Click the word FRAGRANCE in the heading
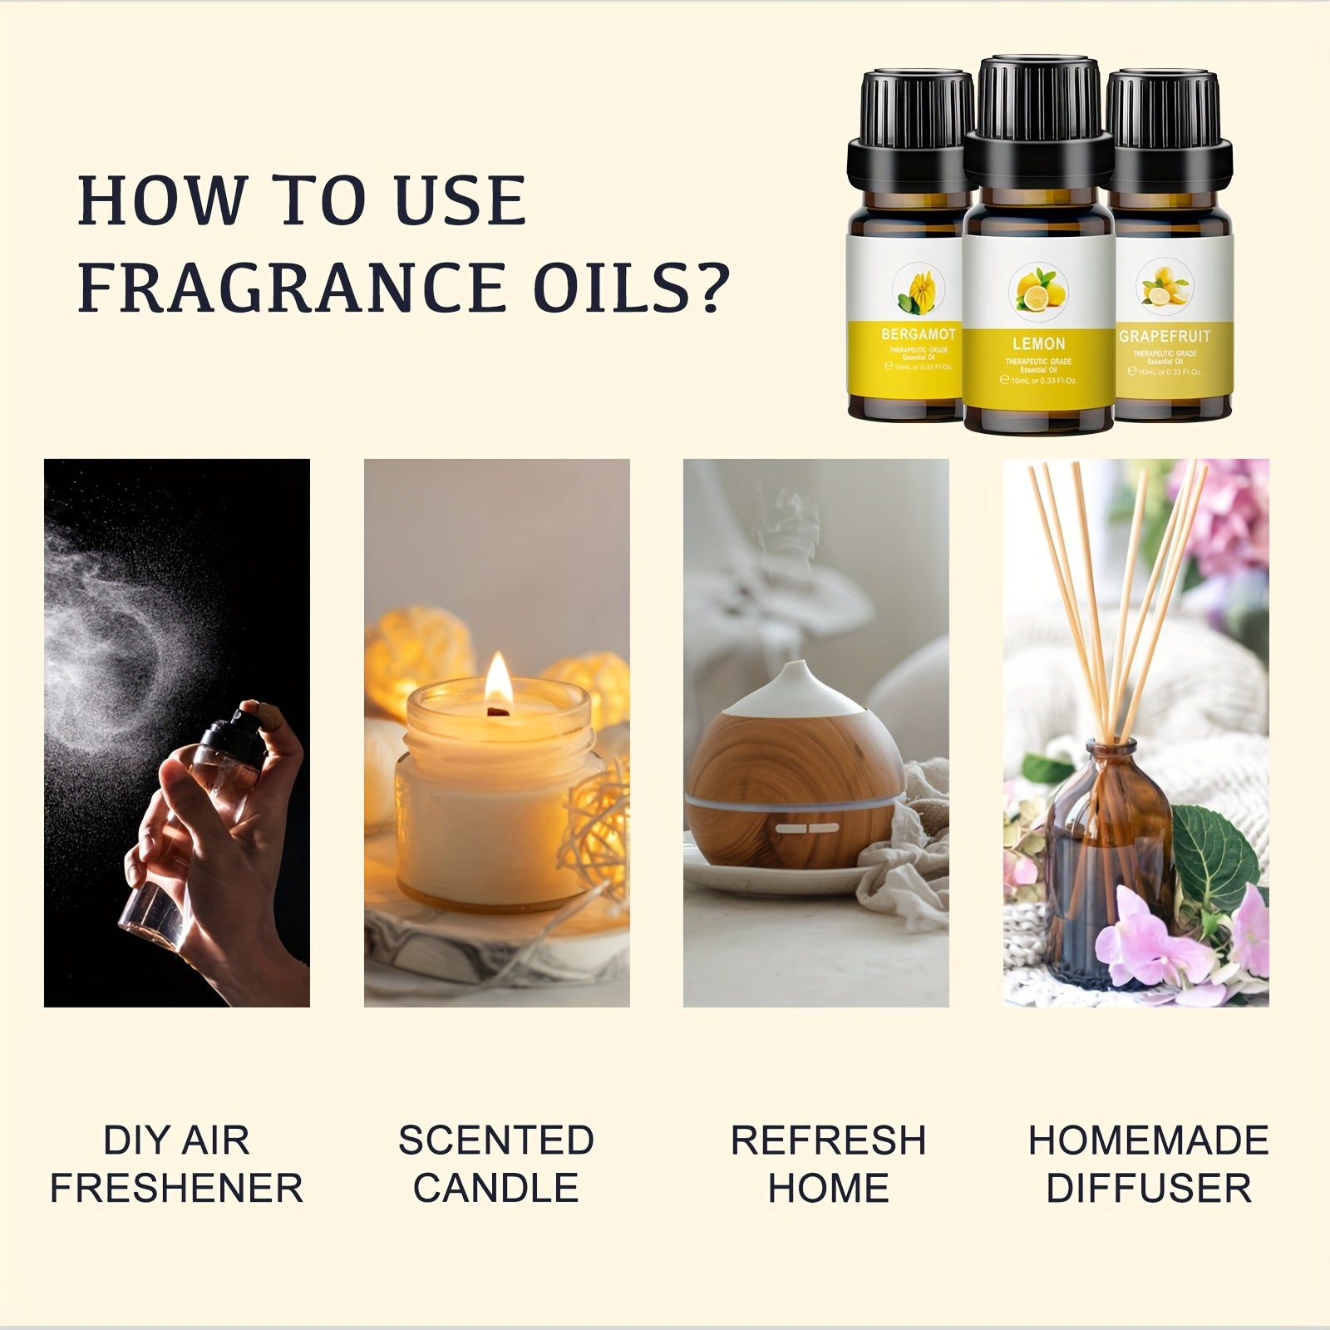[x=291, y=287]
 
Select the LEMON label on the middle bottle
[x=1038, y=343]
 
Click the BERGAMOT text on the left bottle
[x=918, y=334]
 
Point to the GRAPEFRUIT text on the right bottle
[x=1164, y=336]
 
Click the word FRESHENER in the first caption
[x=176, y=1188]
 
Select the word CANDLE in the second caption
[x=496, y=1188]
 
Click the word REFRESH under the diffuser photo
[x=828, y=1140]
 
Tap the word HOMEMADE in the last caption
[x=1148, y=1140]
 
